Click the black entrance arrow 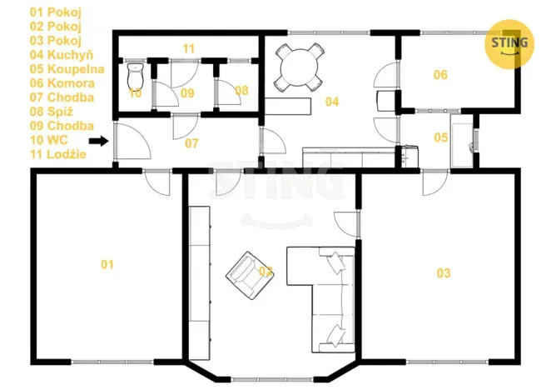coord(98,141)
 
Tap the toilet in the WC coord(136,76)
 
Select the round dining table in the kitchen coord(299,67)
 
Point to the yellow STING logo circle coord(509,43)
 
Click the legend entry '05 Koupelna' coord(67,69)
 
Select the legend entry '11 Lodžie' coord(58,154)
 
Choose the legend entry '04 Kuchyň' coord(62,54)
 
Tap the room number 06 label coord(440,75)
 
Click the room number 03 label coord(443,272)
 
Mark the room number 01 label coord(107,264)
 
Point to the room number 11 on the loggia coord(189,48)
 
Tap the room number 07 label coord(191,143)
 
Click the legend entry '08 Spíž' coord(52,112)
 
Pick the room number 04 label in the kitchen coord(332,102)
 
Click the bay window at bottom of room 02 coord(272,379)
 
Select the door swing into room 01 coord(157,183)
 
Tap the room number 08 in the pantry coord(241,91)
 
